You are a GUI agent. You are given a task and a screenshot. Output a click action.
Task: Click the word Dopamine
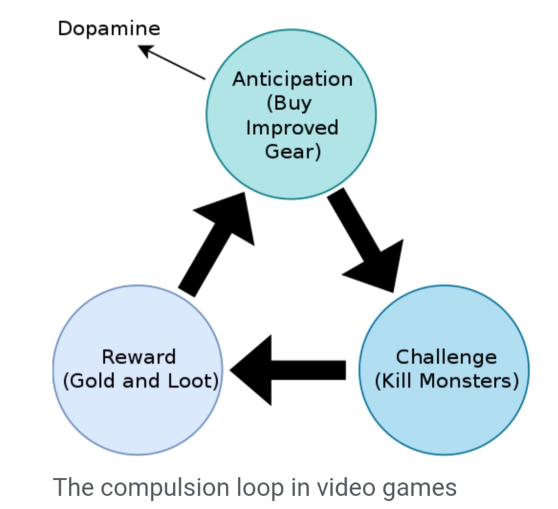109,28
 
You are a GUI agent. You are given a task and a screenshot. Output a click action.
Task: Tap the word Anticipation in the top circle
292,79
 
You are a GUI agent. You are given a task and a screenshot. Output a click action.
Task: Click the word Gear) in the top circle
293,152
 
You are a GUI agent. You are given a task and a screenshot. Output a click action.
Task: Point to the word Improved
292,127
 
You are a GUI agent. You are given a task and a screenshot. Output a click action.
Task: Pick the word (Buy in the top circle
293,103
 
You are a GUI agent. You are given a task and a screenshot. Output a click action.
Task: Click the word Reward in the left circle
138,357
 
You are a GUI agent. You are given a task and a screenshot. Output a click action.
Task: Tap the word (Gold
89,381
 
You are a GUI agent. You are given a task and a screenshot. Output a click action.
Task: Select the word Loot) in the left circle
195,381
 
